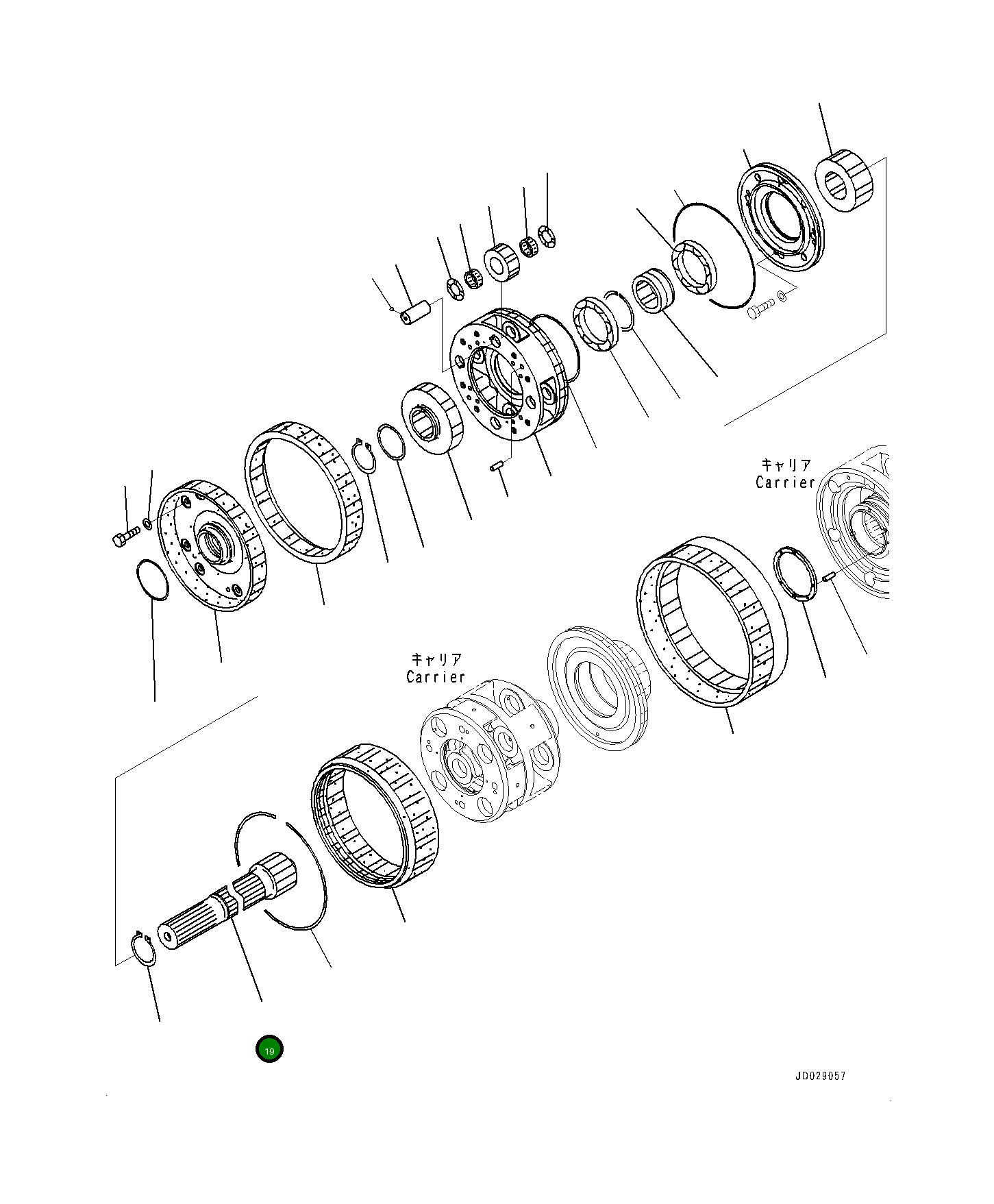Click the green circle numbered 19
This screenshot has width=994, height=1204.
[x=269, y=1049]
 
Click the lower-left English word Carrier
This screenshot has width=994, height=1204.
[x=436, y=677]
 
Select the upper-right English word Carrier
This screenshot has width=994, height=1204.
[x=785, y=482]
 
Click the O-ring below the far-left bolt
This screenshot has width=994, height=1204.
[x=153, y=580]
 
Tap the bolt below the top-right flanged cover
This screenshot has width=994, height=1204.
[x=758, y=310]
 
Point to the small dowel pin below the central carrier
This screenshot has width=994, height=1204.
[x=498, y=467]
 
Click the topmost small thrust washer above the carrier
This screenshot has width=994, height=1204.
[x=547, y=236]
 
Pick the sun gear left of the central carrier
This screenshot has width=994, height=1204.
[x=435, y=417]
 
